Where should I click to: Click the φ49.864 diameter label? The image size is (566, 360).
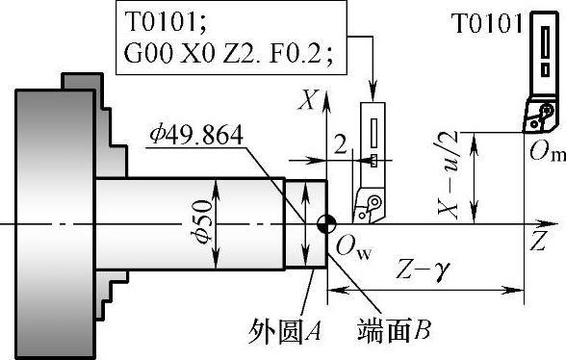pos(196,135)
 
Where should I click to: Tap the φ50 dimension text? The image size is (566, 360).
pos(203,221)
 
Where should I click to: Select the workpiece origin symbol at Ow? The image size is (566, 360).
pos(326,224)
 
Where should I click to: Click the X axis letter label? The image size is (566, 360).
pos(307,100)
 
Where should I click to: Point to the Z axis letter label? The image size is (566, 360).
pos(538,241)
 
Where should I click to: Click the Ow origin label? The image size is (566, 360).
pos(353,248)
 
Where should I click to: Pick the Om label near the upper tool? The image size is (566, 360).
pos(547,150)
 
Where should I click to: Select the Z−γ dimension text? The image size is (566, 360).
pos(423,270)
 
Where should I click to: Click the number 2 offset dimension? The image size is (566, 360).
pos(340,144)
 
